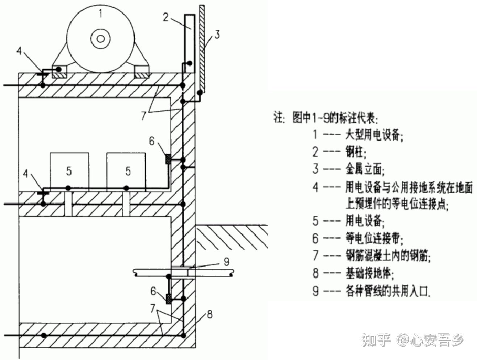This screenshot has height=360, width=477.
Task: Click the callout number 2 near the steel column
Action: [x=166, y=17]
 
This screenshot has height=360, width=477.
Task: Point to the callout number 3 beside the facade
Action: [x=217, y=35]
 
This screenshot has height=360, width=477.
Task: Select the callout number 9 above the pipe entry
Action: [x=226, y=261]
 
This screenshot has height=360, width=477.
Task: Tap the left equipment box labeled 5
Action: [x=69, y=171]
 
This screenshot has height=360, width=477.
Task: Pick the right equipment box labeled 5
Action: [x=127, y=171]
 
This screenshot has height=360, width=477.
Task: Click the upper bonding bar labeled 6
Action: [x=168, y=158]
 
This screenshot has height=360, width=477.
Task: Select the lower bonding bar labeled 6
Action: [x=168, y=299]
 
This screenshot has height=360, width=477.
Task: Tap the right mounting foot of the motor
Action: [x=142, y=72]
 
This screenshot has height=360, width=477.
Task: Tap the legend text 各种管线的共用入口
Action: [x=388, y=291]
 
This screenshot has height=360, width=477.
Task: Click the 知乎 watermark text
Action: [x=377, y=340]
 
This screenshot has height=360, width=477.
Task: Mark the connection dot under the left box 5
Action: [x=67, y=188]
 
